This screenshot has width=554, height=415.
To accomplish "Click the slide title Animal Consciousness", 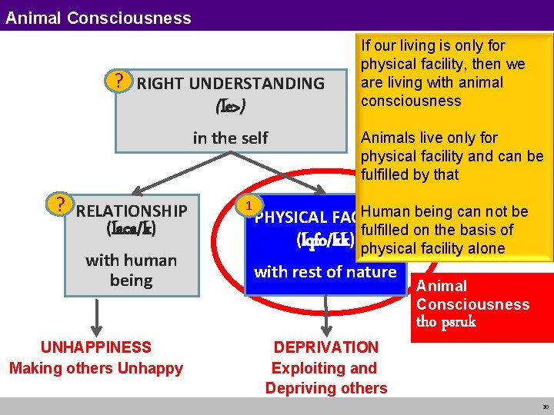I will [x=98, y=17].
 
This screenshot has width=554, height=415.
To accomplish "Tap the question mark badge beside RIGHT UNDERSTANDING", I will [x=118, y=80].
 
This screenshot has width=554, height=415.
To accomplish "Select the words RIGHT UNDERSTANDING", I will [x=230, y=84].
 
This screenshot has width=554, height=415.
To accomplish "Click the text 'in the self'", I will [x=230, y=138].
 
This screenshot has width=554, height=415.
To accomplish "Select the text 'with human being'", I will [x=131, y=271].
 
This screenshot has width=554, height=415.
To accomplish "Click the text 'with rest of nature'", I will [x=325, y=271].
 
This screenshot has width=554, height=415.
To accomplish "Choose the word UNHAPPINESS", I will [x=96, y=347].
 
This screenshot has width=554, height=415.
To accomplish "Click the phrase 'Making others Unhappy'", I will [x=96, y=368].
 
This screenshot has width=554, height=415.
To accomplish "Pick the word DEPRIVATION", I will [x=326, y=347].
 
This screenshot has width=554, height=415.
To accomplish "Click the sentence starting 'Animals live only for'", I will [x=452, y=156].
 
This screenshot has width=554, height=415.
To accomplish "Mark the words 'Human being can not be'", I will [x=444, y=212].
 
